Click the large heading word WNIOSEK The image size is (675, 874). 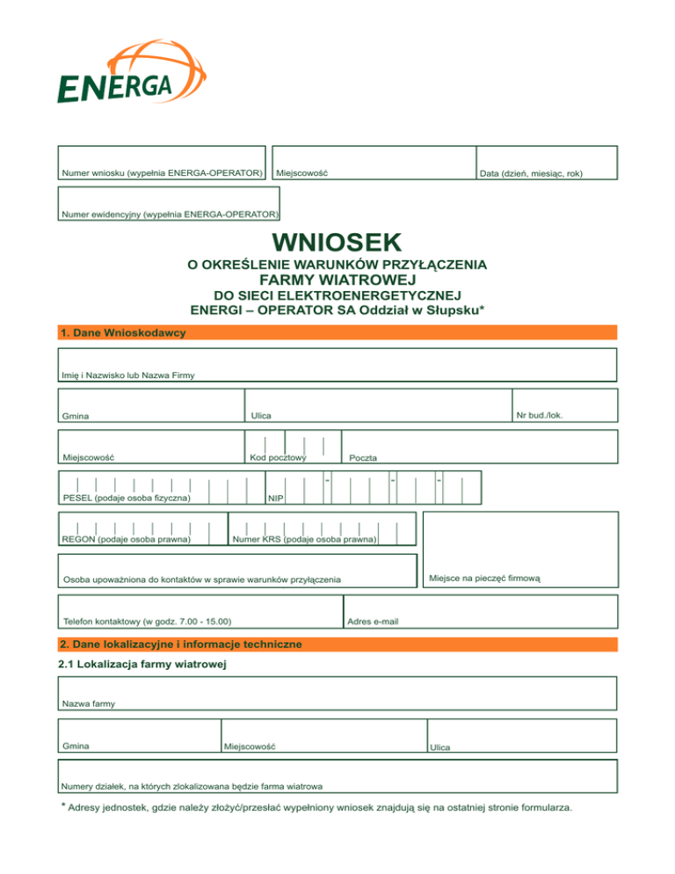(337, 242)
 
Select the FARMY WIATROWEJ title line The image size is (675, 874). (337, 280)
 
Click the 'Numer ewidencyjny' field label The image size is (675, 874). (169, 215)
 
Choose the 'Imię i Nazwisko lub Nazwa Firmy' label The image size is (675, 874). (128, 375)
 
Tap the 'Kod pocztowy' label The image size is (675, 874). (277, 457)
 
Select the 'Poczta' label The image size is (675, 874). (363, 458)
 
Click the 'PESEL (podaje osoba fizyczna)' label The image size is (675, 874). (127, 499)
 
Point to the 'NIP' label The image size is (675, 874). (276, 499)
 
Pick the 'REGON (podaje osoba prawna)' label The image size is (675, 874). (127, 539)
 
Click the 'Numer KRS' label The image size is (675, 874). (304, 539)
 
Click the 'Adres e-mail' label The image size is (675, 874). (374, 622)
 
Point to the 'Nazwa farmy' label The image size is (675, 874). (89, 703)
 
